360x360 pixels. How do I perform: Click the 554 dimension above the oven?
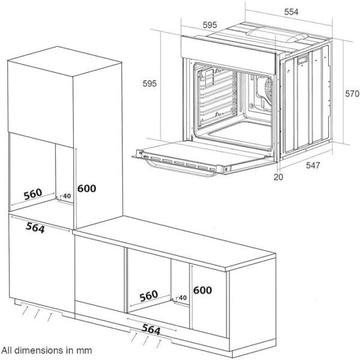click(291, 12)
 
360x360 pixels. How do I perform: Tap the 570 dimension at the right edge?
click(352, 94)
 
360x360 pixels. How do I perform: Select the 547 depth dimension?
click(313, 166)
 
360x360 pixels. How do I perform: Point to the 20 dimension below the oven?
click(278, 177)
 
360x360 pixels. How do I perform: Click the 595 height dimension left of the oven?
click(149, 83)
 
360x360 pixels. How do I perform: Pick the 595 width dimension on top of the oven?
click(210, 25)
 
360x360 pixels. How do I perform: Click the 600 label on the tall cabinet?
click(87, 188)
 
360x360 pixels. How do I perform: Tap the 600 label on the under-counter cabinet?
click(203, 290)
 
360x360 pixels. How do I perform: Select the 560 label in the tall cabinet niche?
click(33, 194)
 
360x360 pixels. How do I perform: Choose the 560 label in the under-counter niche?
click(149, 296)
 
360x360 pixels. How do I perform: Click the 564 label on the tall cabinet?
click(35, 228)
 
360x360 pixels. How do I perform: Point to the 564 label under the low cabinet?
click(151, 329)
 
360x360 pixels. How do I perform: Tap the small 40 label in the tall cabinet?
click(67, 196)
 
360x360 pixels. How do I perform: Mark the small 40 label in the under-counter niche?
click(182, 298)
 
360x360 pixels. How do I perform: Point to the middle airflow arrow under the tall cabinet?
click(37, 314)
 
